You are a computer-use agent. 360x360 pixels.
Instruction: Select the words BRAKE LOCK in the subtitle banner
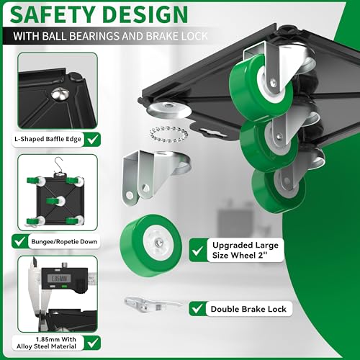coord(176,36)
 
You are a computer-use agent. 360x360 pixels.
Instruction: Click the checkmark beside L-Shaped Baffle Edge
coord(92,139)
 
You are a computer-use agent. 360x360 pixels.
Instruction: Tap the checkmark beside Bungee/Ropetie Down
coord(20,241)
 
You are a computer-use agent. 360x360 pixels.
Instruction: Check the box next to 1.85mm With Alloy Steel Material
coord(92,343)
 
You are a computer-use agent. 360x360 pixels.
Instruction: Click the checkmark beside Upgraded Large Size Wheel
coord(198,250)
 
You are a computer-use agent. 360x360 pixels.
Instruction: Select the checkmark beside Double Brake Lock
coord(197,309)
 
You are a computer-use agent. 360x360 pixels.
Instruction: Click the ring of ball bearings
coord(168,134)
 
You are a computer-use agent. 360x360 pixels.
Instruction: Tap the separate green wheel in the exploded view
coord(150,246)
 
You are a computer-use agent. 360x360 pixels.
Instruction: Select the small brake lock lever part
coord(153,305)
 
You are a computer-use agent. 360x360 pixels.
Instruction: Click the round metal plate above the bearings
coord(169,110)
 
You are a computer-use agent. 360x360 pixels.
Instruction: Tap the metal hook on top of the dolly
coord(58,166)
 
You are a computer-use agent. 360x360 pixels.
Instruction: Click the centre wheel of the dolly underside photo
coord(55,201)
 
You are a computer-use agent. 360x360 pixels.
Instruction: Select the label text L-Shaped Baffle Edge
coord(48,139)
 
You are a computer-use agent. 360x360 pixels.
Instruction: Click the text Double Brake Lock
coord(248,309)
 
